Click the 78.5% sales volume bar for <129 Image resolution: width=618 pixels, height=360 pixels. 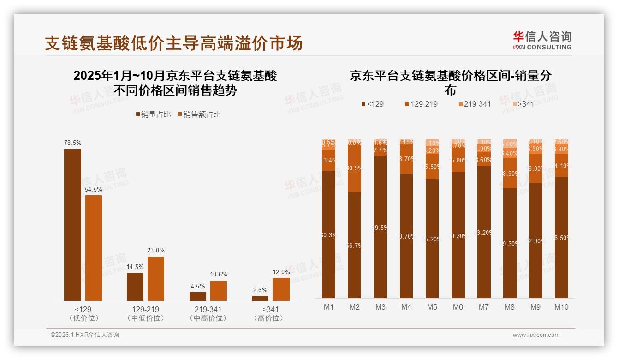72,225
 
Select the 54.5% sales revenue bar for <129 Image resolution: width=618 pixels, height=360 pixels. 94,248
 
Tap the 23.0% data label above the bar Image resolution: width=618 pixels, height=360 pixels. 156,250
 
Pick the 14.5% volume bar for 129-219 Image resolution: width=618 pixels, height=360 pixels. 135,287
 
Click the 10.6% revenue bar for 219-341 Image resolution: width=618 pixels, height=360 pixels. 219,291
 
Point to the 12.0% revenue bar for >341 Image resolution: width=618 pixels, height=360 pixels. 281,289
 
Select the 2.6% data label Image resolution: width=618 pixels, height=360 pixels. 260,290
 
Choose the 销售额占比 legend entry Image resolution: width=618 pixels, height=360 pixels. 199,114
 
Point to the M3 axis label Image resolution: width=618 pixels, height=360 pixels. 380,307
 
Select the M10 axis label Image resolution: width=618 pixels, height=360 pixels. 561,307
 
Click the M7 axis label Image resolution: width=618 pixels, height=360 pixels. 483,307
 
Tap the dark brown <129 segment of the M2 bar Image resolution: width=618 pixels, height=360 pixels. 354,245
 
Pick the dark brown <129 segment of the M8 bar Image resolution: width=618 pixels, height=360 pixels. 509,243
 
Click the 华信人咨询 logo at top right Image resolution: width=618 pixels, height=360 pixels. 542,40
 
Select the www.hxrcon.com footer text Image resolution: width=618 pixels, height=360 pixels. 536,335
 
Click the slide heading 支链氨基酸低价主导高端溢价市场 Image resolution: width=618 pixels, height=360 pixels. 174,43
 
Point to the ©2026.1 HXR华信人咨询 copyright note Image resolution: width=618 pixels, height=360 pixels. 85,335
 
